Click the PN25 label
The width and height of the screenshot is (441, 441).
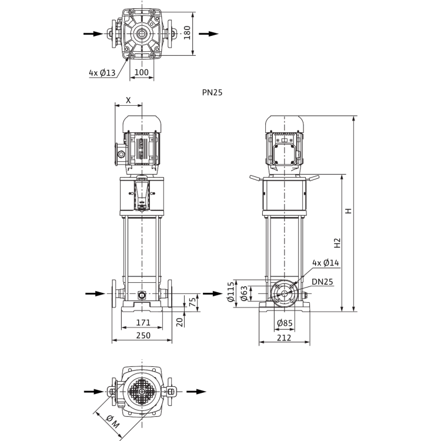tap(212, 92)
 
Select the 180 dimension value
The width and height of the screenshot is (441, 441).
tap(188, 32)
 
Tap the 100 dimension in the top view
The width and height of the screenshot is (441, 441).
tap(142, 72)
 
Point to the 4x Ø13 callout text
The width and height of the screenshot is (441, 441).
tap(102, 73)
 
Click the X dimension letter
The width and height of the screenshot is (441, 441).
tap(128, 100)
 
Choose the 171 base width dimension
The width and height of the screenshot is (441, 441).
tap(143, 322)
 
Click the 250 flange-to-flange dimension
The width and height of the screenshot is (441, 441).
tap(143, 335)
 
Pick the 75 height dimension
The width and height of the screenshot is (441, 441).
tap(192, 302)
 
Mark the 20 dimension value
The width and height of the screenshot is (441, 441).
tap(180, 322)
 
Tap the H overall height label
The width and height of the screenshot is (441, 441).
tap(349, 211)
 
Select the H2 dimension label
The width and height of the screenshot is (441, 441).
tap(338, 243)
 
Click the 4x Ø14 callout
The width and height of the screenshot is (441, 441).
tap(326, 263)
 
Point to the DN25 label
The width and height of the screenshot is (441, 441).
tap(322, 282)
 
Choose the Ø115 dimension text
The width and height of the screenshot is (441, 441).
tap(230, 292)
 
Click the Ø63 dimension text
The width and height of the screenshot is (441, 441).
tap(244, 293)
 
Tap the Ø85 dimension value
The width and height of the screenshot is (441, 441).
tap(285, 323)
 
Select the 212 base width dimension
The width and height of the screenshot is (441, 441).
tap(284, 338)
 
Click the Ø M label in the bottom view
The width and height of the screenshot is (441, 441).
tap(113, 422)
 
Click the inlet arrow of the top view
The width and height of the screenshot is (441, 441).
tap(93, 34)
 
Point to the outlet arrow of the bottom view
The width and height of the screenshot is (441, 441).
tap(196, 392)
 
